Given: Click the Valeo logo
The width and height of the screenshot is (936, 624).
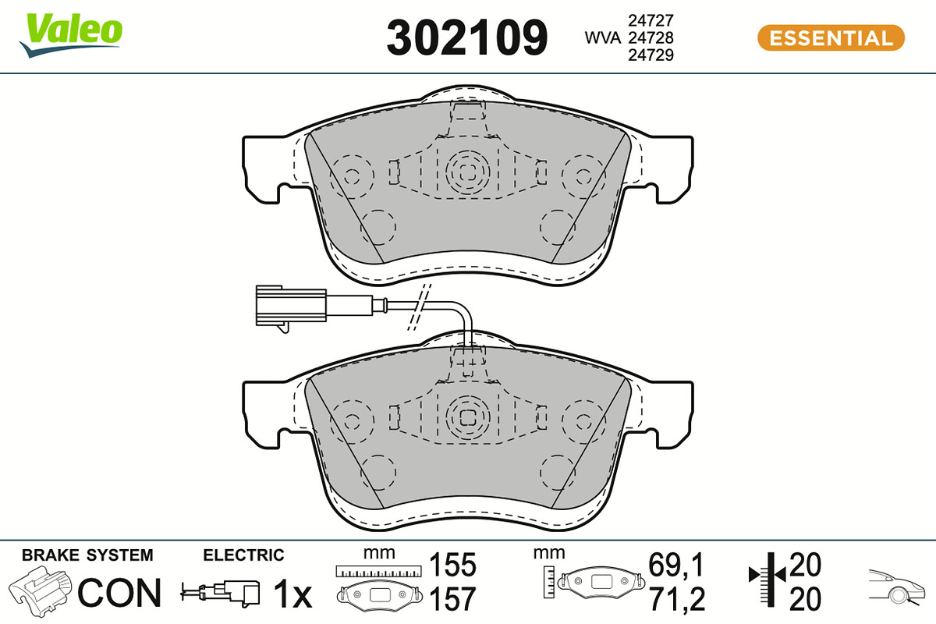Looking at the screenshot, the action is click(x=71, y=35).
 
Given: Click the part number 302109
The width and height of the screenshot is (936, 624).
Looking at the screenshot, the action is click(x=466, y=37).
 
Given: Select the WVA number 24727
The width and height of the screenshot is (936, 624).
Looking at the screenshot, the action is click(x=651, y=20).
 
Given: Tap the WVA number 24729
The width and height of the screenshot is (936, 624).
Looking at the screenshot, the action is click(x=651, y=55).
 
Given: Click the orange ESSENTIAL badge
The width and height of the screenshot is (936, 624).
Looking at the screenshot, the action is click(x=831, y=38).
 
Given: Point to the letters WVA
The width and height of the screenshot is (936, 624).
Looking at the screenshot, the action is click(x=602, y=38).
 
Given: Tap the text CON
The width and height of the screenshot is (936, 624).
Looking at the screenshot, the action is click(x=119, y=593).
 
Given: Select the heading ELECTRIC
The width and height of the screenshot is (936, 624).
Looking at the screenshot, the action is click(x=243, y=555).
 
